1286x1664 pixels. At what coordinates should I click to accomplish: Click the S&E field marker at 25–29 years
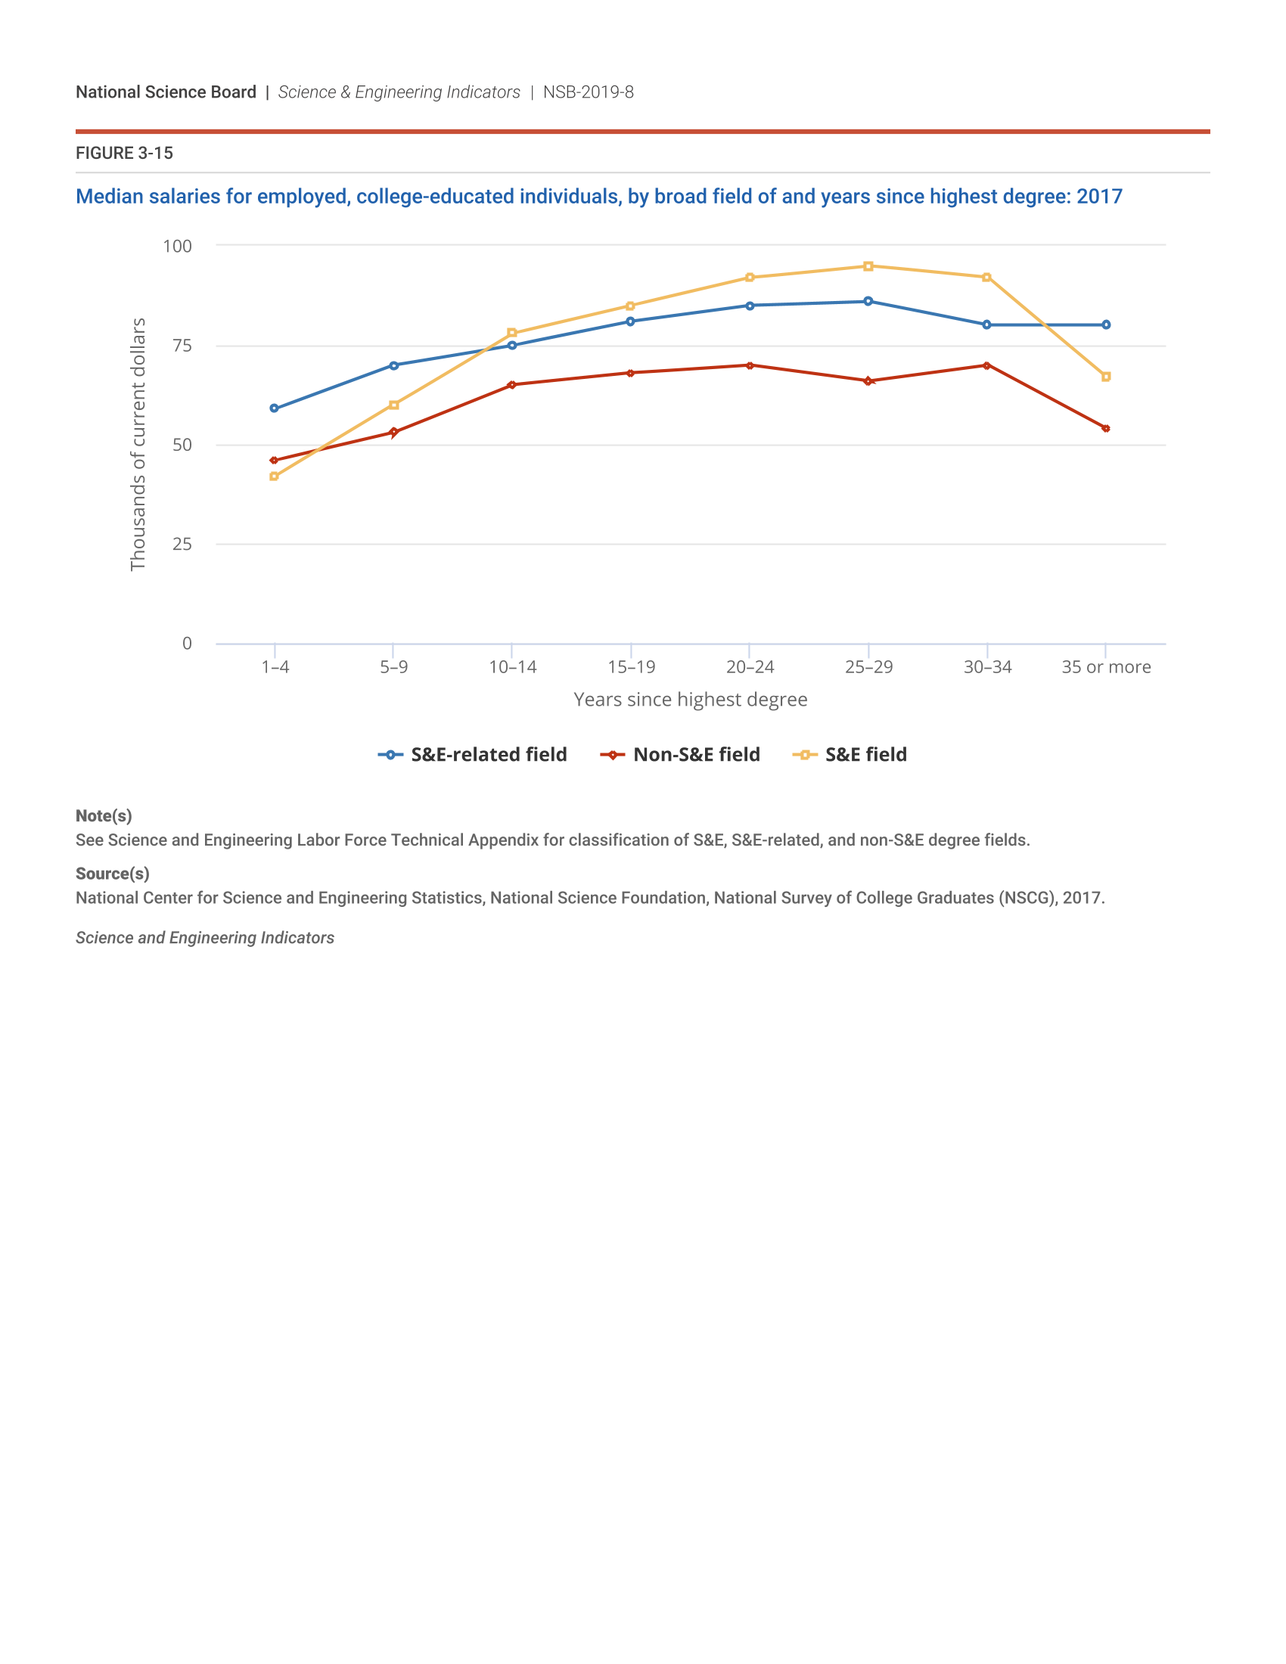click(868, 266)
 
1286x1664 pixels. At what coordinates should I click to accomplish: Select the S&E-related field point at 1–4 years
click(275, 408)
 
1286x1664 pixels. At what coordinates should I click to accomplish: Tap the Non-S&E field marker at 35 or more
click(1105, 428)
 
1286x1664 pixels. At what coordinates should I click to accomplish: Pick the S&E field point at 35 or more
click(1105, 377)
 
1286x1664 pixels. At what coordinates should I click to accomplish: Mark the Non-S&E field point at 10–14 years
click(511, 385)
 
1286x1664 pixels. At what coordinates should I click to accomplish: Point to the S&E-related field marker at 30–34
click(986, 324)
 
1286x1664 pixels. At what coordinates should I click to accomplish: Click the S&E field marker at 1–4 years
click(275, 477)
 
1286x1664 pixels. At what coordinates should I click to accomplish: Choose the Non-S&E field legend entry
click(680, 754)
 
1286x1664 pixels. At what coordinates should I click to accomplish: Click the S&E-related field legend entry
click(472, 754)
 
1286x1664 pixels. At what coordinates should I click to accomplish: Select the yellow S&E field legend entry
click(850, 754)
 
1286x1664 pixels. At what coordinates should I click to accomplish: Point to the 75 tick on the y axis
click(182, 346)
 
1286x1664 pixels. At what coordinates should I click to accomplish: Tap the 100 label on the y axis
click(178, 246)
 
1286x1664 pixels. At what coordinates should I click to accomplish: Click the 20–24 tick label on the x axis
click(750, 667)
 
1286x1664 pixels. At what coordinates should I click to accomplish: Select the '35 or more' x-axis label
click(1105, 667)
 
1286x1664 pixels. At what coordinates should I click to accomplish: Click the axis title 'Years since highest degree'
click(690, 700)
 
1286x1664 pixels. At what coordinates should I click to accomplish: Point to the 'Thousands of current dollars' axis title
click(138, 444)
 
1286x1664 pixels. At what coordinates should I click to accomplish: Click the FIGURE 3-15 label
click(124, 153)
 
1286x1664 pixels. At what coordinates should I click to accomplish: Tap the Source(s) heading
click(112, 874)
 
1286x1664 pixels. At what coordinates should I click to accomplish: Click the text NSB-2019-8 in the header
click(588, 92)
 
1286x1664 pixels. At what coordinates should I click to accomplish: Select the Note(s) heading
click(104, 816)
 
